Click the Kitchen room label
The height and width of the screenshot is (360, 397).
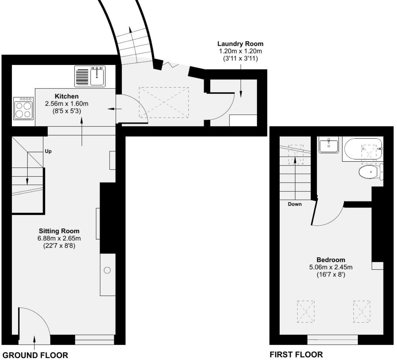66,96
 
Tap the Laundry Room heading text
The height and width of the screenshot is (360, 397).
240,44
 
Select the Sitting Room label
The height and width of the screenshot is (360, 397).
59,231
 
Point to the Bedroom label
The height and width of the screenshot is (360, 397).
331,260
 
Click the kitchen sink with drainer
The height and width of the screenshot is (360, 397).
90,76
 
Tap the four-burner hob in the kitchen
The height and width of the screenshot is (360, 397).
24,108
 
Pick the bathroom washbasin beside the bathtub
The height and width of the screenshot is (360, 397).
329,144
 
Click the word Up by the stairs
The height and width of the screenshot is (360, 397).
48,151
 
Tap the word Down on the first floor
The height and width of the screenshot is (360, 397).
295,204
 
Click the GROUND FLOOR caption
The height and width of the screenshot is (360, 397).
35,355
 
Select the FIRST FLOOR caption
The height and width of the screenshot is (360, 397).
296,354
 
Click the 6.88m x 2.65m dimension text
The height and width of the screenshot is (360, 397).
59,238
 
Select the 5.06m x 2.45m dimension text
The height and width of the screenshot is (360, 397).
331,267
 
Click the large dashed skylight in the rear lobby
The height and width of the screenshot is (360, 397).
164,102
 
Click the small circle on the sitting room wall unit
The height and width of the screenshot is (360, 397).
107,270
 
